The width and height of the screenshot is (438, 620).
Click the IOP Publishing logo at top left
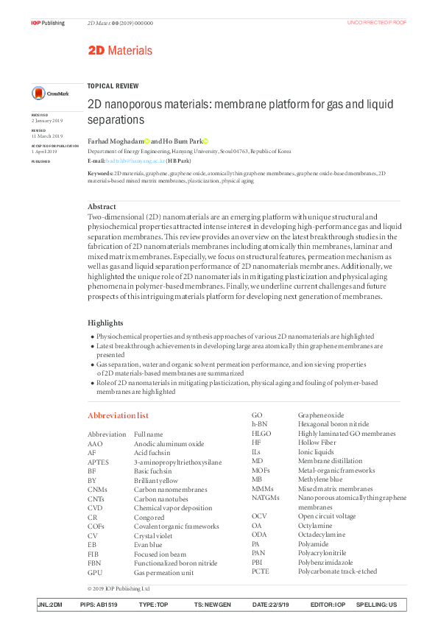(x=48, y=23)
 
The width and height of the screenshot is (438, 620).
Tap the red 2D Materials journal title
(x=120, y=51)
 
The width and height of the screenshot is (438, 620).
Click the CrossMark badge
(x=49, y=94)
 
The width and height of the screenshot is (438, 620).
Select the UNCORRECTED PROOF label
(x=375, y=23)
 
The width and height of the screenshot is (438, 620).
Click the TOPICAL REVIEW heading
(x=113, y=85)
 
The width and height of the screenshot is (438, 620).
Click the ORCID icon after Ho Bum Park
(x=205, y=141)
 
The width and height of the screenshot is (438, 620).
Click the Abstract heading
(x=102, y=207)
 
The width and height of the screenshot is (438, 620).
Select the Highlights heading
(x=105, y=323)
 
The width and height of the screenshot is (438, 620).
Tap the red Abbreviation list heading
(x=118, y=415)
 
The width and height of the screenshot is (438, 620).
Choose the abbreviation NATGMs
(x=266, y=498)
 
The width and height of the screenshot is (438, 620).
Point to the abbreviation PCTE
(x=261, y=571)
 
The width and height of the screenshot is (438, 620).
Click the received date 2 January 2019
(x=47, y=120)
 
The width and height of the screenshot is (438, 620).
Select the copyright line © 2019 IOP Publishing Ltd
(x=119, y=588)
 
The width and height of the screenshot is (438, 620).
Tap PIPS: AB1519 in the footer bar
(x=99, y=605)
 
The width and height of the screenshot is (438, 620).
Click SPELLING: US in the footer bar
(x=376, y=605)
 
